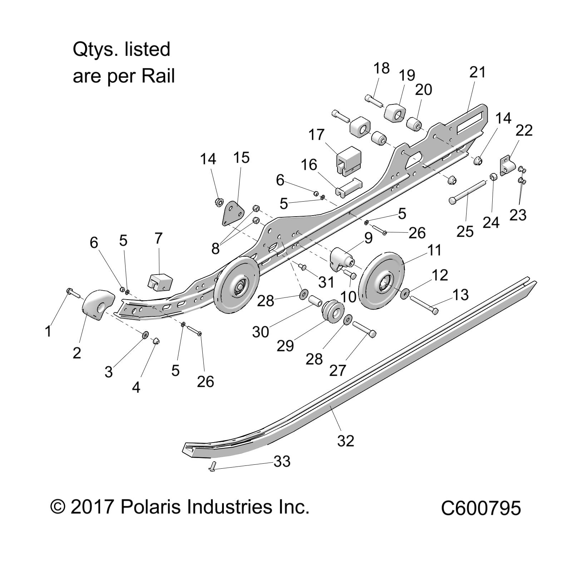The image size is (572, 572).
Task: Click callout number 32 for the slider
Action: point(345,440)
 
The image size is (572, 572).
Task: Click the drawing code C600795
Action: point(480,508)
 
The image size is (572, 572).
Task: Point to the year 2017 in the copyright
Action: point(92,507)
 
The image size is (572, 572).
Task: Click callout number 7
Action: point(158,238)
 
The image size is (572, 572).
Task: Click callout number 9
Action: point(368,238)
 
